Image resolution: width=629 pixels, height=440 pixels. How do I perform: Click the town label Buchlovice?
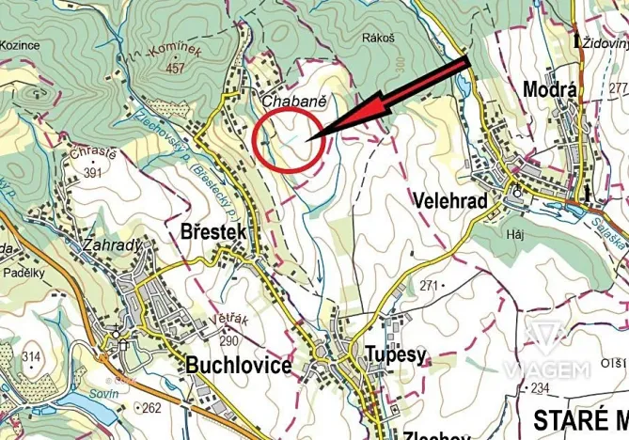click(238, 365)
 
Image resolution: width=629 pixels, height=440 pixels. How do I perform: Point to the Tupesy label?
click(388, 354)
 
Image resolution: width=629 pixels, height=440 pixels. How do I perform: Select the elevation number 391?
click(92, 173)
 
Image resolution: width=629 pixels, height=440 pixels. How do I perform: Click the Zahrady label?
click(113, 245)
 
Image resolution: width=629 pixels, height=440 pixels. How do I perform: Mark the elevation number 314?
click(31, 356)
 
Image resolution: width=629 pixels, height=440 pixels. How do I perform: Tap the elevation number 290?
click(229, 340)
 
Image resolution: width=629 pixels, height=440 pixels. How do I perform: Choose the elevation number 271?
click(431, 285)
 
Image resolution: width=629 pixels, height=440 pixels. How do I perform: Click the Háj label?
click(513, 234)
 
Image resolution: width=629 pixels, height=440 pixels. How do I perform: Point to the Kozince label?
click(20, 43)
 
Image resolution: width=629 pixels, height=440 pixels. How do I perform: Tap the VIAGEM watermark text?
click(545, 369)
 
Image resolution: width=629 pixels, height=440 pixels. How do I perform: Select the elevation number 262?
click(151, 408)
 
